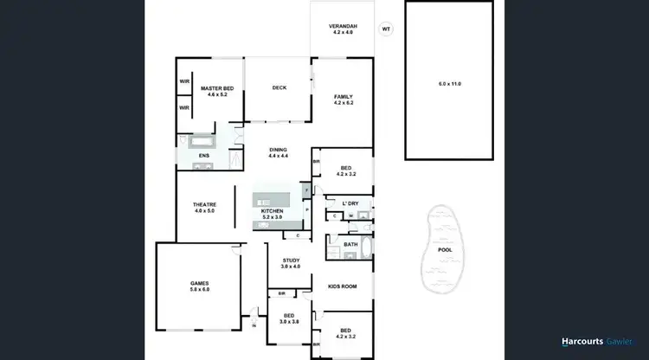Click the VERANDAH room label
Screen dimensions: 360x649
[x=342, y=26]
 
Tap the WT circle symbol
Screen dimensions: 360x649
[x=386, y=29]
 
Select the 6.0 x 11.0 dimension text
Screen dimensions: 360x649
[x=450, y=83]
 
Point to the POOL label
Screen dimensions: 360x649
[x=445, y=250]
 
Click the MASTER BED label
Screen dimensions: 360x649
[x=217, y=87]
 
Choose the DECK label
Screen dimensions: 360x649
[x=279, y=87]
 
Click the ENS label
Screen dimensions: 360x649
[x=204, y=156]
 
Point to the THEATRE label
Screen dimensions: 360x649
[x=204, y=204]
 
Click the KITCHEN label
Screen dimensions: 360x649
[x=273, y=211]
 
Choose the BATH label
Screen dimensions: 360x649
[x=350, y=244]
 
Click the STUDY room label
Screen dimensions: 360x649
[x=290, y=260]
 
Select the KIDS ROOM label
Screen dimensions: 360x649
[x=343, y=286]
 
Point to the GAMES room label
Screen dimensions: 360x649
[x=200, y=283]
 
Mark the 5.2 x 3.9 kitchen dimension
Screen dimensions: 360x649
[x=273, y=218]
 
